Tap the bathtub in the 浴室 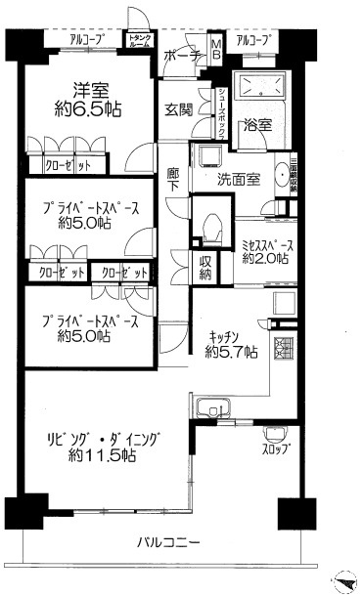(258, 85)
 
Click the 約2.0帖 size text (266, 258)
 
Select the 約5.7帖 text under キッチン (231, 350)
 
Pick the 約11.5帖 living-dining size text (102, 455)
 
